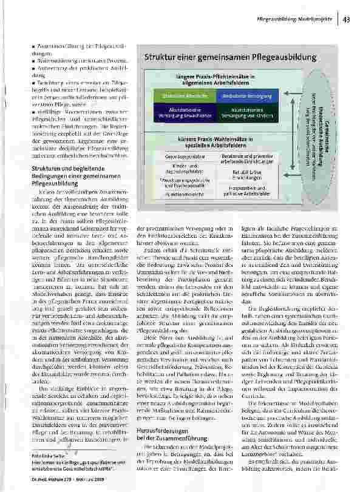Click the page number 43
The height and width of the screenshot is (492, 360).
347,19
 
